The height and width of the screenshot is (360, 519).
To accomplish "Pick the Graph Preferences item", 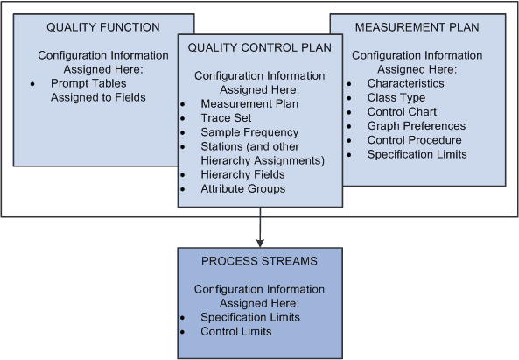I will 416,126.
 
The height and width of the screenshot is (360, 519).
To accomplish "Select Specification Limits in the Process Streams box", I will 251,317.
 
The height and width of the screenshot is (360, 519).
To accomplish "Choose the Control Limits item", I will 235,331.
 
